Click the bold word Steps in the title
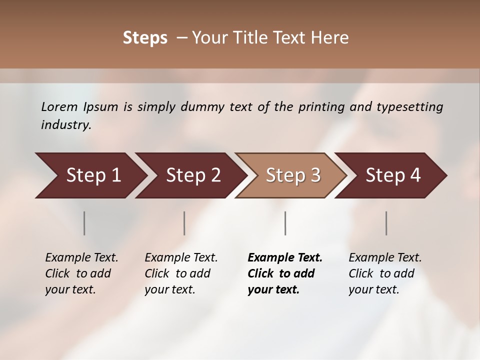[145, 38]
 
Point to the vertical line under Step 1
[84, 223]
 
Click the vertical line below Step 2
[184, 223]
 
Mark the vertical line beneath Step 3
[285, 223]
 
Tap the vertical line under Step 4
[386, 223]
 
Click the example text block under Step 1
[81, 273]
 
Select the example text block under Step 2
[181, 273]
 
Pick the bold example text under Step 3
[285, 273]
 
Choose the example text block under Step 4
[385, 273]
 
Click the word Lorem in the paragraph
[59, 106]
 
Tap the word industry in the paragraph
[66, 125]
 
